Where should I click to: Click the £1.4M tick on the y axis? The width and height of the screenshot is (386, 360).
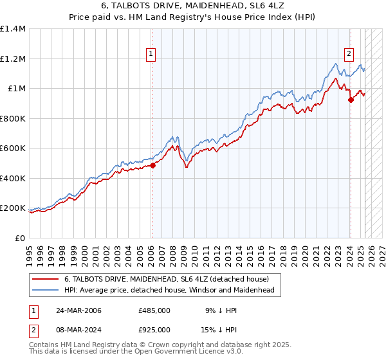click(x=13, y=29)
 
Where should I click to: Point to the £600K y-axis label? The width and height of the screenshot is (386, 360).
click(x=13, y=148)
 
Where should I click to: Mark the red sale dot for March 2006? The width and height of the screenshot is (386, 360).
click(x=152, y=166)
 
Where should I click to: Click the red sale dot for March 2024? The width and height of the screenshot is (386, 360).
click(x=350, y=100)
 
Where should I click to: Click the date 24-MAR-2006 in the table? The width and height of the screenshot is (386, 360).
click(x=77, y=310)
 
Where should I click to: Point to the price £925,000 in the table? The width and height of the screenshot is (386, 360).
click(x=154, y=330)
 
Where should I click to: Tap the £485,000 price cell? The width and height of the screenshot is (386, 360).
click(x=154, y=310)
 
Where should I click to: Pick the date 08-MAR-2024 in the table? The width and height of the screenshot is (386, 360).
click(x=77, y=330)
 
